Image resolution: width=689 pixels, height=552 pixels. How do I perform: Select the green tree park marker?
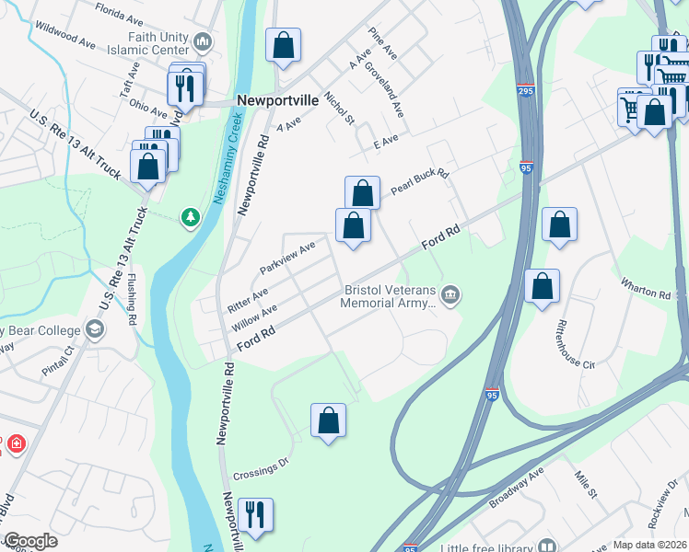[x=191, y=217]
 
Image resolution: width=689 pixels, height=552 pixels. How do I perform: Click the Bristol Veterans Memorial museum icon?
[x=450, y=294]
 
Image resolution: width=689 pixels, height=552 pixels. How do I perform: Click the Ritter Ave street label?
[x=248, y=297]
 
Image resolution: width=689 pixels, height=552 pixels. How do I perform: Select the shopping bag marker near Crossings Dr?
[x=329, y=420]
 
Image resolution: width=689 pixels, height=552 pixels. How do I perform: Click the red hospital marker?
[x=16, y=445]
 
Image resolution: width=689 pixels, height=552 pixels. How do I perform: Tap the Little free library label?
[x=486, y=546]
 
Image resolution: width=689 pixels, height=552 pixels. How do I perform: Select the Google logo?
[x=30, y=542]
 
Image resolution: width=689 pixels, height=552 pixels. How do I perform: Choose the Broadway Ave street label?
[x=519, y=485]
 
